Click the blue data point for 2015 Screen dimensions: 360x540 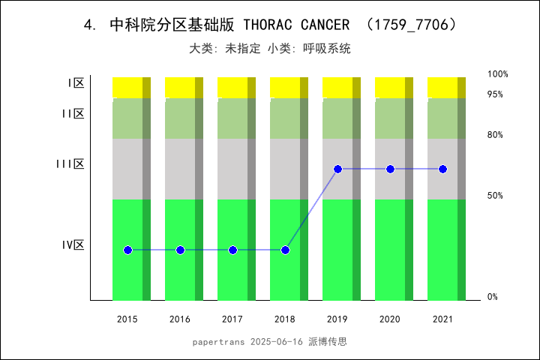127,250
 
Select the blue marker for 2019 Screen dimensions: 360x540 337,169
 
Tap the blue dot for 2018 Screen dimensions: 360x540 285,250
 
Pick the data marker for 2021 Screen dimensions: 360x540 442,169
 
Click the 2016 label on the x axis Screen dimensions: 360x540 180,319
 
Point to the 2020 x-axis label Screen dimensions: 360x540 390,319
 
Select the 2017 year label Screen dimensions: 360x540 232,319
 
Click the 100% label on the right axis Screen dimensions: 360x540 498,74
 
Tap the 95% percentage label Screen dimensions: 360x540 495,94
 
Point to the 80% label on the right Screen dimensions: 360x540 495,135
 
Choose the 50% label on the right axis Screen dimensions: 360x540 495,196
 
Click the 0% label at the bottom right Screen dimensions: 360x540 493,297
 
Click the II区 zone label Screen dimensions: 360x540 73,114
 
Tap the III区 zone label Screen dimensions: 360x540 70,163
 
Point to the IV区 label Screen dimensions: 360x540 73,244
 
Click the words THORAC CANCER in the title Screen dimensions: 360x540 297,25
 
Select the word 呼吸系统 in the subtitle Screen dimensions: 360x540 327,49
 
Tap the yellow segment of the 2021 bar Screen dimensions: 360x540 442,87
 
